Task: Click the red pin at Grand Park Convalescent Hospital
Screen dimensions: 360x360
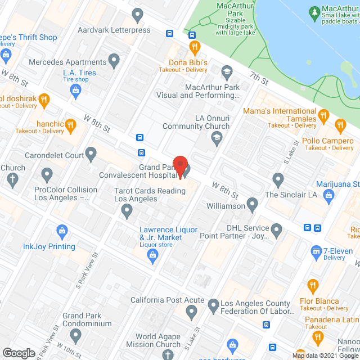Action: (179, 164)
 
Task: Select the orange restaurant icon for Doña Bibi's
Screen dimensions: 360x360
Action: (195, 46)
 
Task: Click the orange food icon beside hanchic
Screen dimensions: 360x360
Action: (70, 124)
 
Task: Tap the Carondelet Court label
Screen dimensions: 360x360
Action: (58, 155)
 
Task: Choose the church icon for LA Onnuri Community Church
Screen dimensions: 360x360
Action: (217, 139)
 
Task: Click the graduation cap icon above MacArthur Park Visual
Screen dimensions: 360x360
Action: (227, 71)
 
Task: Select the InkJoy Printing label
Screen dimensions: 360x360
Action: (49, 246)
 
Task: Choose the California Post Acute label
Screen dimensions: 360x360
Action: (159, 300)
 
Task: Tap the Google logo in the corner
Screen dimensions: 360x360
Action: (19, 353)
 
